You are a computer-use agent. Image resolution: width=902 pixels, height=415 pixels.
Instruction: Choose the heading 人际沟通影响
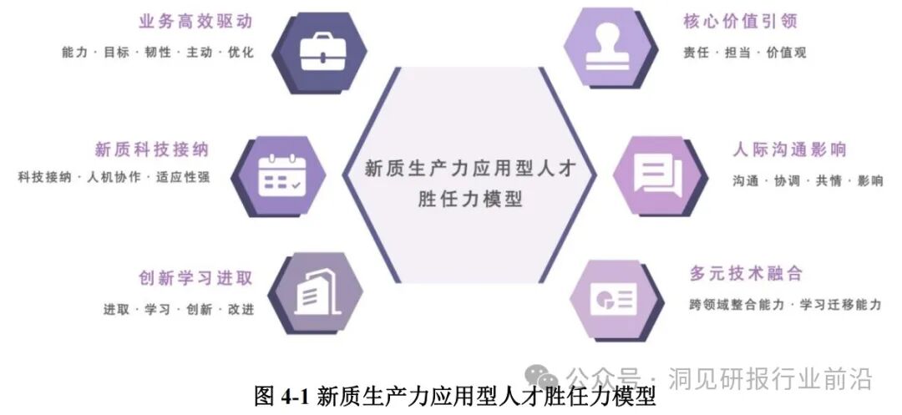pos(789,150)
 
